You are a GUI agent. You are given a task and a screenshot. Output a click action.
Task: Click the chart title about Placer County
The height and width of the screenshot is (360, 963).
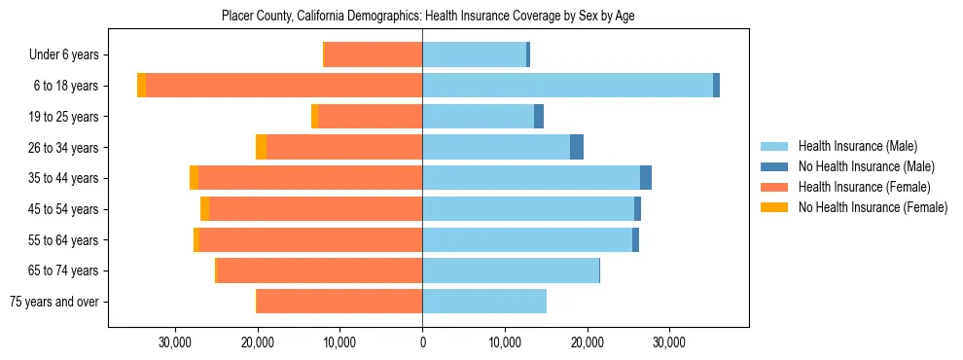click(428, 17)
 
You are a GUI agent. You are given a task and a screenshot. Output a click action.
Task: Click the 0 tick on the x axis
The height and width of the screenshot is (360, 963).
click(422, 343)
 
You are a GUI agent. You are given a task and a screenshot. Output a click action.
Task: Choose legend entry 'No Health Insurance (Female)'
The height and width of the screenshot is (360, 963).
click(872, 207)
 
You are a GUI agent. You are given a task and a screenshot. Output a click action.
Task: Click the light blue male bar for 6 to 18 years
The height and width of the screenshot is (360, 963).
click(567, 86)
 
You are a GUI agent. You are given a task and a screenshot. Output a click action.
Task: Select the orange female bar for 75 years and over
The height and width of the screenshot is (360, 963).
click(339, 302)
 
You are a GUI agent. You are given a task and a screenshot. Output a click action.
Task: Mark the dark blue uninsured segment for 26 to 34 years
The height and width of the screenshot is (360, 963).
click(577, 147)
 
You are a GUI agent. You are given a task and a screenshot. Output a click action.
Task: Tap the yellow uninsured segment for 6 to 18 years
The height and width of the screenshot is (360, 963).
click(142, 86)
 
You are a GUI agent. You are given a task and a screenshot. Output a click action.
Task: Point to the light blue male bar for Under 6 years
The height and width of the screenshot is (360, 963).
click(474, 54)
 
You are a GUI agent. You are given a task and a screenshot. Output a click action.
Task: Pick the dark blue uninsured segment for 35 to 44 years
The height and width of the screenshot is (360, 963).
click(646, 178)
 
